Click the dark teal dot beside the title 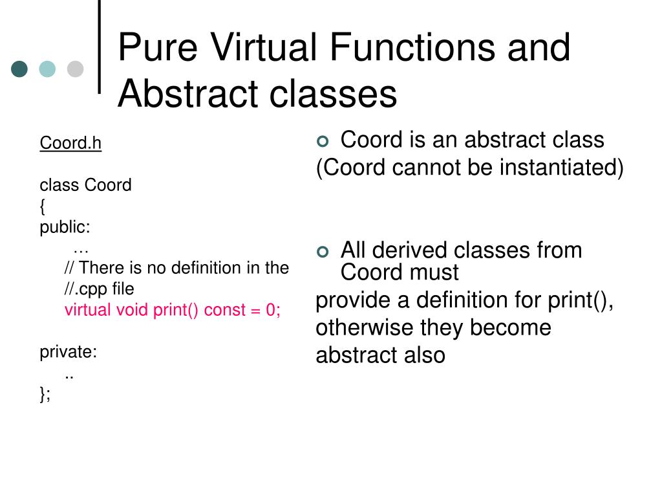click(19, 69)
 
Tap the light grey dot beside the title click(76, 69)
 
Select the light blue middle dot click(47, 69)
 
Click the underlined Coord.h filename click(70, 143)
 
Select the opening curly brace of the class click(43, 206)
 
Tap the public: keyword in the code click(65, 227)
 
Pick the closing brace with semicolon click(45, 394)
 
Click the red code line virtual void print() click(172, 310)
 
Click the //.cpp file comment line click(99, 289)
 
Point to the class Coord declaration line click(85, 185)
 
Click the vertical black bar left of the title click(100, 47)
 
